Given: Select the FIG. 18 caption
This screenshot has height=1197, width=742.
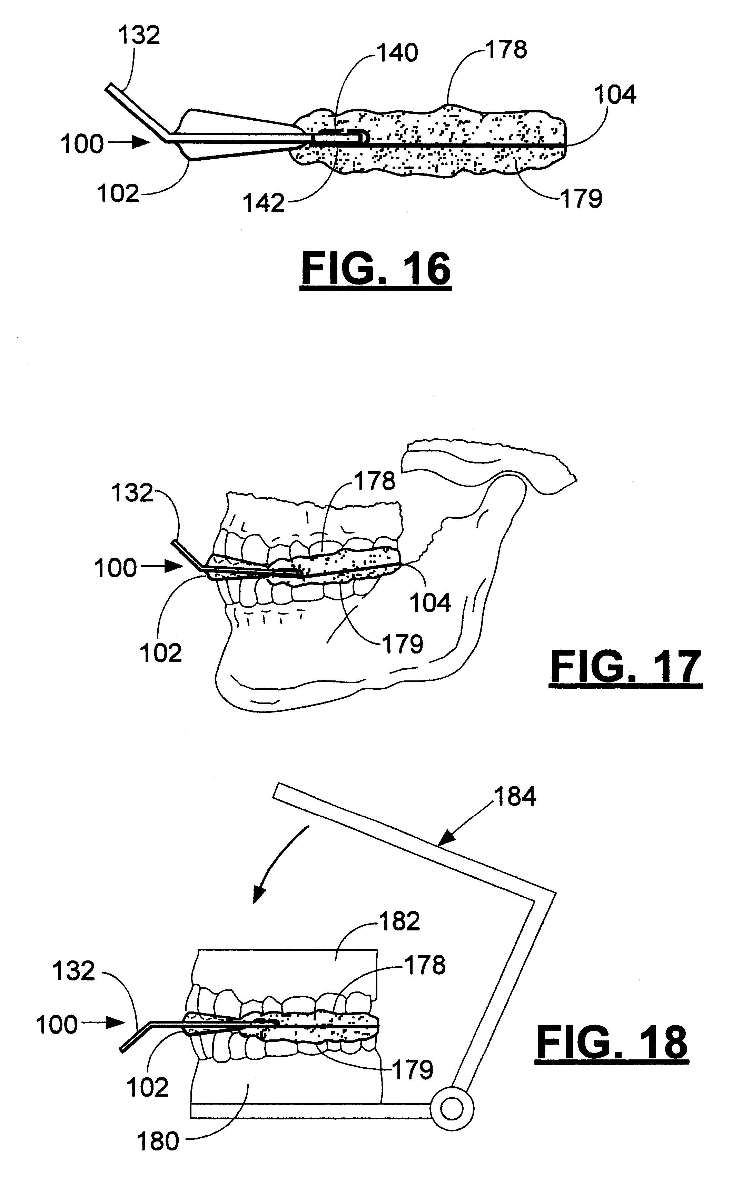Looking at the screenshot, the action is (612, 1043).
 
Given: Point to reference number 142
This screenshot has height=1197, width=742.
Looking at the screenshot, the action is (264, 203).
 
